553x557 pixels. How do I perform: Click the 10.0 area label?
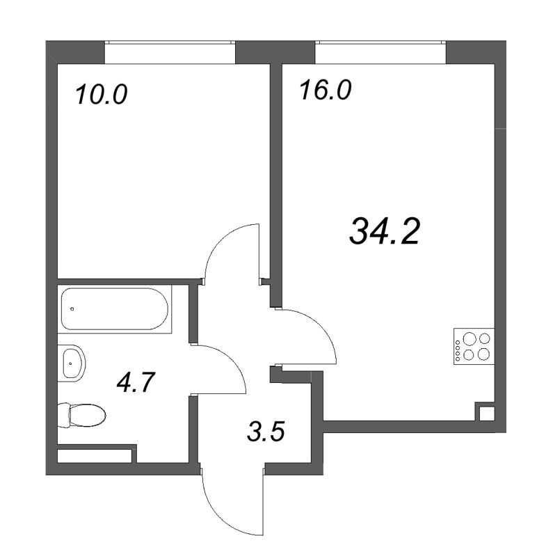[x=101, y=95]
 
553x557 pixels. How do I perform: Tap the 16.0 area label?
[x=326, y=90]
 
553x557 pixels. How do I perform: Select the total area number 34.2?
[x=385, y=232]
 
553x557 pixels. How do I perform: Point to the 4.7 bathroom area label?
[x=136, y=382]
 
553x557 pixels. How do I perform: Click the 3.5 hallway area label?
[x=266, y=430]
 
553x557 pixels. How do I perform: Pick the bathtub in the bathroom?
[x=115, y=308]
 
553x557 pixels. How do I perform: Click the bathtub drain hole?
[x=72, y=308]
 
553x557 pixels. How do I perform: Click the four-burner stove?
[x=474, y=346]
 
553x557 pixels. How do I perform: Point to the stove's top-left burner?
[x=470, y=338]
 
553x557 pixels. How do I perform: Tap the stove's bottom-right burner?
[x=483, y=354]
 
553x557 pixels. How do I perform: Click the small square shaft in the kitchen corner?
[x=485, y=412]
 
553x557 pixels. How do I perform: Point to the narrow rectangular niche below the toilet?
[x=94, y=457]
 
